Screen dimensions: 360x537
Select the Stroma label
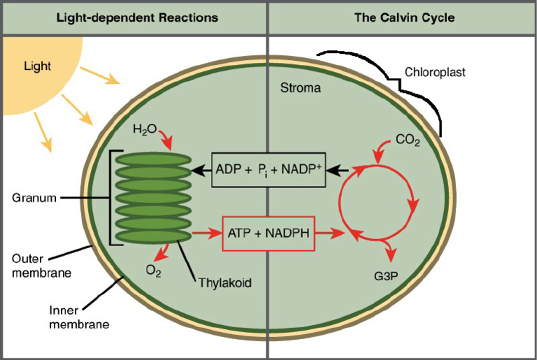[300, 89]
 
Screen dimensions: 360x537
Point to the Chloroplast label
[435, 72]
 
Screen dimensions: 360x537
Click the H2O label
[145, 129]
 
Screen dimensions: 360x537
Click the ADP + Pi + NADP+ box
[269, 169]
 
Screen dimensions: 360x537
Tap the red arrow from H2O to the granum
[166, 141]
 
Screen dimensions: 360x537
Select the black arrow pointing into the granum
[203, 169]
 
